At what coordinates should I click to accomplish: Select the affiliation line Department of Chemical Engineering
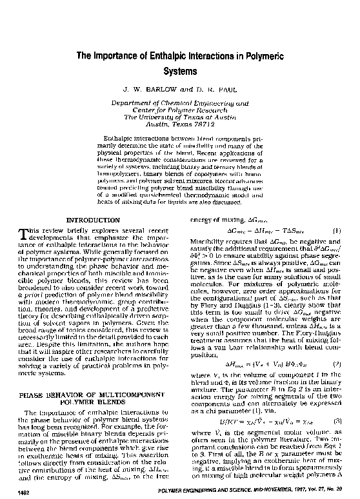coord(180,103)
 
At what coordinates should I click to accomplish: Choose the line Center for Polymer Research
coord(180,110)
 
